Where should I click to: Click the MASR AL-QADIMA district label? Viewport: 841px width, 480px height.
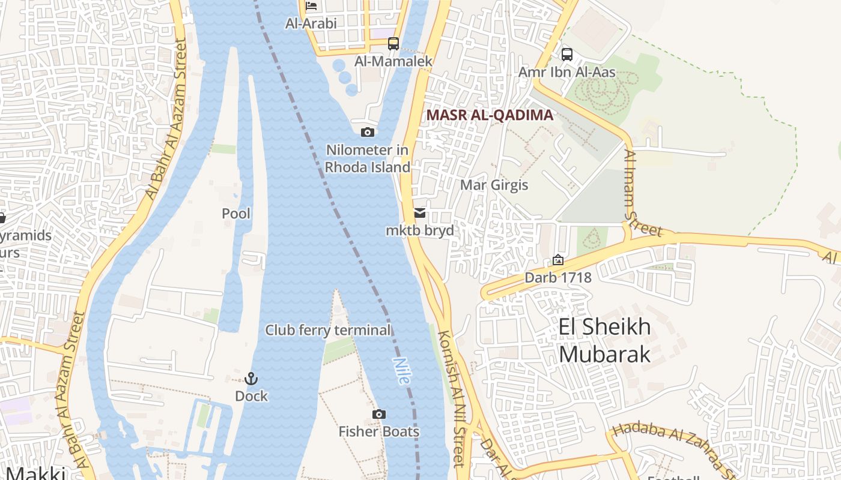[490, 115]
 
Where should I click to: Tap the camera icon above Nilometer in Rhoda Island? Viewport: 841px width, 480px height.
[368, 132]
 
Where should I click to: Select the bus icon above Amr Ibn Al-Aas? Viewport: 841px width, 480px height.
[566, 55]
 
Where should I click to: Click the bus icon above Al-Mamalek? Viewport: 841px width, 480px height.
[393, 44]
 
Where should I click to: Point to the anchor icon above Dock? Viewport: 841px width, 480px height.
[251, 379]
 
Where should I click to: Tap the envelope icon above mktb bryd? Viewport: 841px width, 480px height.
[420, 213]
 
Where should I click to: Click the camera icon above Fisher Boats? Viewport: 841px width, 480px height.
[378, 414]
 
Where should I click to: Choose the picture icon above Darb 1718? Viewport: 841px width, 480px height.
[558, 260]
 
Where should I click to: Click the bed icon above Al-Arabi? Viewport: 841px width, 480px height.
[311, 6]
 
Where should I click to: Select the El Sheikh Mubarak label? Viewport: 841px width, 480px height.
[604, 340]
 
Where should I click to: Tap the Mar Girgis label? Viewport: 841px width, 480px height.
[494, 185]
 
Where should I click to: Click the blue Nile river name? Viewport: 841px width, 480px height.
[401, 371]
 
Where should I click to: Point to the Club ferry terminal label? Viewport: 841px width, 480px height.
[328, 330]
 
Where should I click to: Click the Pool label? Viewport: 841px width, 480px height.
[236, 214]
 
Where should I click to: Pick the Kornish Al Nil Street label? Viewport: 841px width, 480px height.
[452, 398]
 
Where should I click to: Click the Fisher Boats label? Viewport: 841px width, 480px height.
[378, 431]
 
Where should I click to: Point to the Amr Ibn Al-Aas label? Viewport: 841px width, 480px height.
[567, 73]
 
